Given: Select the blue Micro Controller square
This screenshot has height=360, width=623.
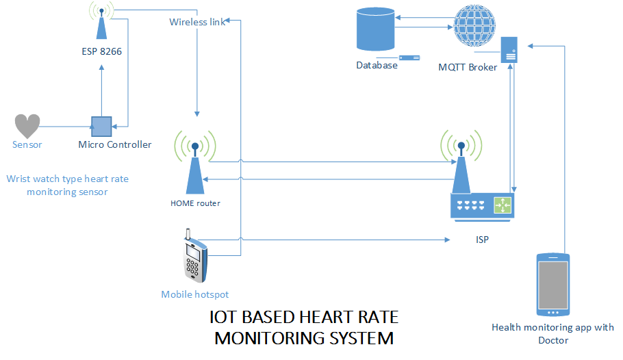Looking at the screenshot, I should pos(101,126).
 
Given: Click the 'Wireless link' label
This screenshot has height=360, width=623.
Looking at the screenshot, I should pos(197,22).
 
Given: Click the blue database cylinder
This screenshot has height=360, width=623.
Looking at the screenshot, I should pos(375,29).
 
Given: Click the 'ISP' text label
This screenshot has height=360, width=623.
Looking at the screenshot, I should pos(482,240).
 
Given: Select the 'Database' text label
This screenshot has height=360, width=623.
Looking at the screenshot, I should pos(377,66).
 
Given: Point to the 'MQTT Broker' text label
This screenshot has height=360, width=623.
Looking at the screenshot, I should pos(468,67).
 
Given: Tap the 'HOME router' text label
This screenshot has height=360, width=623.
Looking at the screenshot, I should pos(195,203).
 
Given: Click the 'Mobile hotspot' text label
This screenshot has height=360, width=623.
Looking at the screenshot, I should pos(194,294).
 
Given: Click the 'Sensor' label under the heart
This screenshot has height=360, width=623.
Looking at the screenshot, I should pos(27,144).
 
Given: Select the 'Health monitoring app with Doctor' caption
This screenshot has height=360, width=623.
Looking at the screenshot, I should pos(552,333).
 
